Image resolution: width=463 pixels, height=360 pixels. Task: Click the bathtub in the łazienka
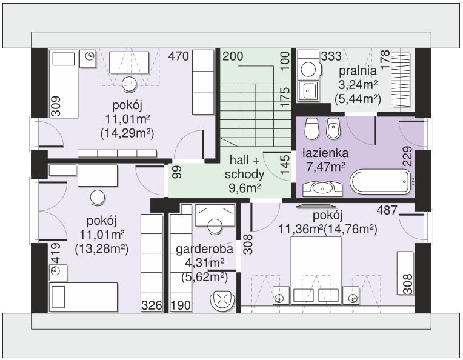pos(381,181)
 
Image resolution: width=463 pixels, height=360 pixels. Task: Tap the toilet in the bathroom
pos(312,128)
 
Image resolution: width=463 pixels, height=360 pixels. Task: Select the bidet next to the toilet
pos(333,128)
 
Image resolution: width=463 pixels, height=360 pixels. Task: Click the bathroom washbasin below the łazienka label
pos(322,188)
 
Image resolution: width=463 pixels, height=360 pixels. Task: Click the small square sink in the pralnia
pos(309,90)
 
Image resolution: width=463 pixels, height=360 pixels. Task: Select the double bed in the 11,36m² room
pos(316,270)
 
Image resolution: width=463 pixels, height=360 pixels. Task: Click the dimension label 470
pos(178,56)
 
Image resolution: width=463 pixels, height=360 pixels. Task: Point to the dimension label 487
pos(387,210)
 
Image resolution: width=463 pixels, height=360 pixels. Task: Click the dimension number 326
pos(152,305)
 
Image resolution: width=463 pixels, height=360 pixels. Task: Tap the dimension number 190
pos(181,305)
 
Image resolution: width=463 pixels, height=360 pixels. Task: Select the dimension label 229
pos(407,156)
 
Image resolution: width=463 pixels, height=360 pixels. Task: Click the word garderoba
pos(204,249)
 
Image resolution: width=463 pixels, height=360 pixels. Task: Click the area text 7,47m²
pos(325,167)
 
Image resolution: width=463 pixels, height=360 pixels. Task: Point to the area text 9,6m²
pos(244,187)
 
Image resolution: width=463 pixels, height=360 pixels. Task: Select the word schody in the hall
pos(244,174)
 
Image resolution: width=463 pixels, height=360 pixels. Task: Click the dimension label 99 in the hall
pos(177,172)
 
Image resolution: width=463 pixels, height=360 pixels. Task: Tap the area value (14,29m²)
pos(127,133)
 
